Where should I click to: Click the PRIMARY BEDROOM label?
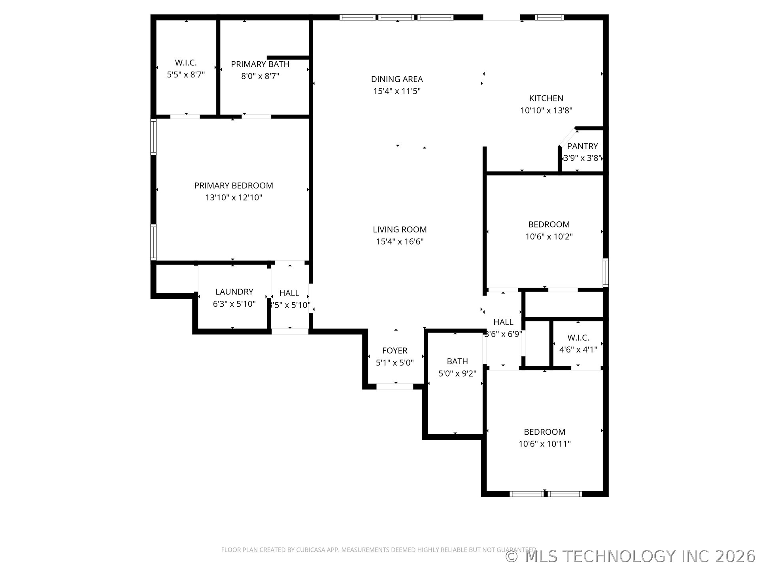[233, 185]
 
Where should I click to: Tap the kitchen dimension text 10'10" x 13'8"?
[546, 111]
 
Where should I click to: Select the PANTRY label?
[582, 146]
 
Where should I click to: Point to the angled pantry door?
[567, 137]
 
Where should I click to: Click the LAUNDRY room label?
[234, 292]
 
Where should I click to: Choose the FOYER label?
[395, 350]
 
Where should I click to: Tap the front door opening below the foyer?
[395, 386]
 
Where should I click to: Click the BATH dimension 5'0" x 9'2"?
[457, 373]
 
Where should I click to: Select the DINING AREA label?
[396, 79]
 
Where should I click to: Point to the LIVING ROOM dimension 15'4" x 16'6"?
[399, 241]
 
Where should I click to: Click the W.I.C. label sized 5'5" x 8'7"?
[185, 63]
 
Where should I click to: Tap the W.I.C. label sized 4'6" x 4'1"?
[578, 338]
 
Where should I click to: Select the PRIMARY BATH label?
[260, 64]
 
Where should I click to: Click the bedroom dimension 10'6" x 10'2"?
[549, 237]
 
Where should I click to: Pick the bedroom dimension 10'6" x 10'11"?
[544, 444]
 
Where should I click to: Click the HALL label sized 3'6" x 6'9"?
[503, 322]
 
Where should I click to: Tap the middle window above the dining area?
[396, 17]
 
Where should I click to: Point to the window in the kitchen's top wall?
[549, 17]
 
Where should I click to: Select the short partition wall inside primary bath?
[288, 58]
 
